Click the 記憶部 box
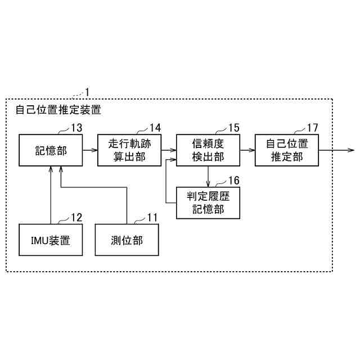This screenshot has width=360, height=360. [x=50, y=150]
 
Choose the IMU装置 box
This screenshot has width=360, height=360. [x=50, y=240]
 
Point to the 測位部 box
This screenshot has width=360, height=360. [x=127, y=240]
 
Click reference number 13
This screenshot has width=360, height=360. [x=76, y=128]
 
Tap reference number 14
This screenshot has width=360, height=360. [x=155, y=128]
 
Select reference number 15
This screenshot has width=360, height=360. [x=234, y=128]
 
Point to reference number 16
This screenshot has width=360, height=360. [x=233, y=180]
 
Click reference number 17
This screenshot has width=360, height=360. [x=313, y=128]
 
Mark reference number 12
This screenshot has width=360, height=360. [x=76, y=218]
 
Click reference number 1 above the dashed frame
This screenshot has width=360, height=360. [x=87, y=91]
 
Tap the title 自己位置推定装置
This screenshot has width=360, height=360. [x=58, y=110]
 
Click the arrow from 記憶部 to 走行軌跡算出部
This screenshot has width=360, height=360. [x=89, y=150]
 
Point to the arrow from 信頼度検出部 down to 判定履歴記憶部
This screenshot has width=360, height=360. [x=208, y=177]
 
